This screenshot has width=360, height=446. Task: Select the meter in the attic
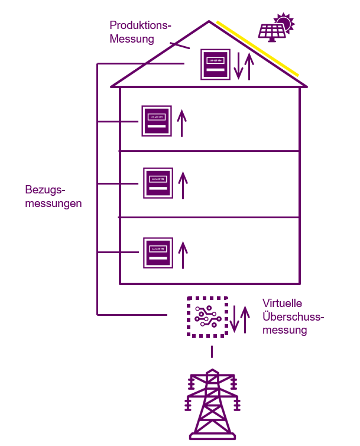[215, 63]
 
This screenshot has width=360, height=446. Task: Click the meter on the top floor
[157, 121]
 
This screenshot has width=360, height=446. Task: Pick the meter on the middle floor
[158, 183]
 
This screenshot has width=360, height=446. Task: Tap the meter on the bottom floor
[158, 253]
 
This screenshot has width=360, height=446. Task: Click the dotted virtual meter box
[207, 317]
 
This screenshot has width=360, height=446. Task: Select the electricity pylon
[212, 405]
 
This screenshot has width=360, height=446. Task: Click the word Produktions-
[140, 26]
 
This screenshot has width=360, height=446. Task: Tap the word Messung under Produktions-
[132, 40]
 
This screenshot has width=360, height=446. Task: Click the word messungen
[54, 203]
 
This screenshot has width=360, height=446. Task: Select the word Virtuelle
[282, 303]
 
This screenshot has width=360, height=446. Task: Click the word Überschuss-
[293, 316]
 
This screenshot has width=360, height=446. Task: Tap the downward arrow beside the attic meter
[238, 66]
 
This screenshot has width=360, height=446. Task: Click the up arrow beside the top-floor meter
[182, 123]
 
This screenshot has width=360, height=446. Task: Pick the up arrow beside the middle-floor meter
[183, 185]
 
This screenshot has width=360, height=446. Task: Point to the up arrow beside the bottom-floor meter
[183, 254]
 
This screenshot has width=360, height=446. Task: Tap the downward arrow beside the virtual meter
[234, 319]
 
